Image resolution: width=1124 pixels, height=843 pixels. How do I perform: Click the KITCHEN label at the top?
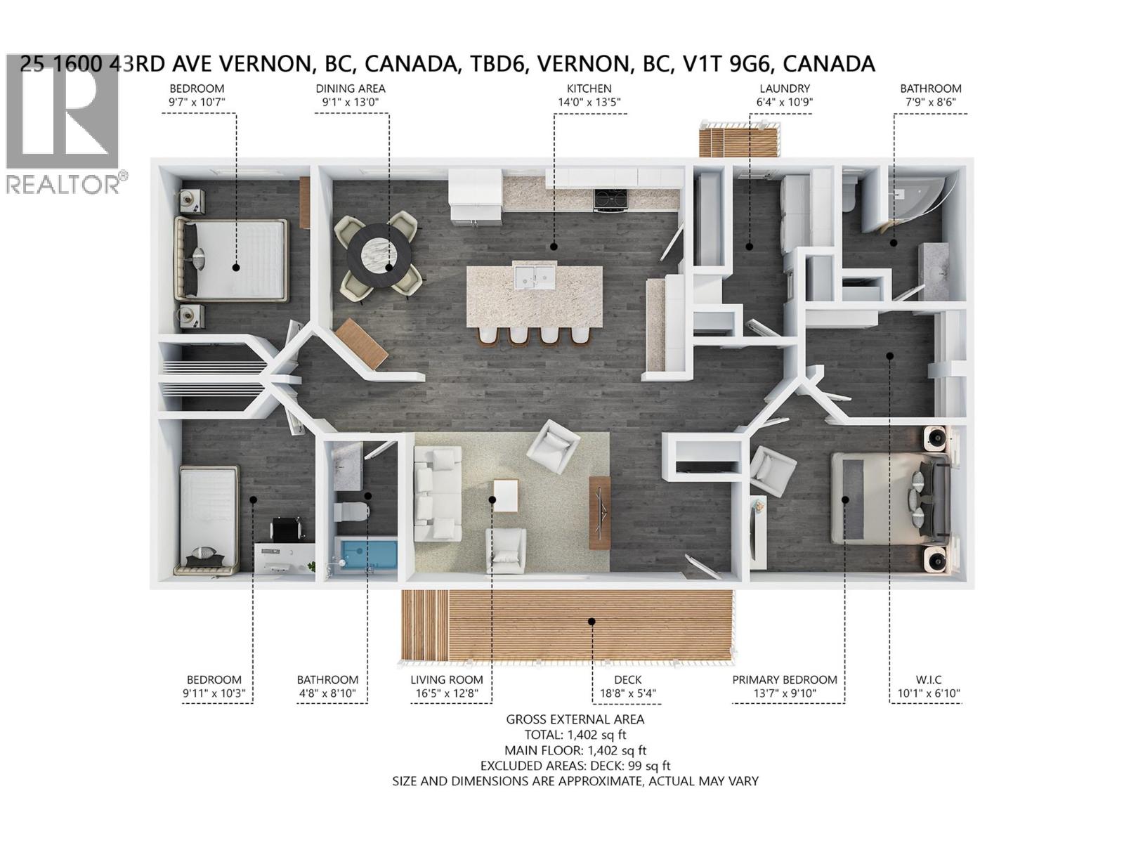pyautogui.click(x=589, y=89)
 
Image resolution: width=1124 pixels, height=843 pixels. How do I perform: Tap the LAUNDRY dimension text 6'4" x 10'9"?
pyautogui.click(x=784, y=102)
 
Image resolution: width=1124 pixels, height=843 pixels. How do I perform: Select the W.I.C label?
pyautogui.click(x=928, y=679)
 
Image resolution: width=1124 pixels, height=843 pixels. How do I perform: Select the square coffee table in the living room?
pyautogui.click(x=506, y=496)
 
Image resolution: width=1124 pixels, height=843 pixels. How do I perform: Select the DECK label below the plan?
pyautogui.click(x=627, y=679)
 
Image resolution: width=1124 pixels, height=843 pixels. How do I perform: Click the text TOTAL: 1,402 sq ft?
pyautogui.click(x=575, y=735)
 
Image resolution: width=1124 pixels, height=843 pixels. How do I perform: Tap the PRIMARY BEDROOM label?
pyautogui.click(x=784, y=679)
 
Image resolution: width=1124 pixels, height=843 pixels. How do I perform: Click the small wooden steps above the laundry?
pyautogui.click(x=738, y=139)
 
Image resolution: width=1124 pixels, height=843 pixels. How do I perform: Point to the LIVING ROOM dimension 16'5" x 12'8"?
pyautogui.click(x=447, y=694)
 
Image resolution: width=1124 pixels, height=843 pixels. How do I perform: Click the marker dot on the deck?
pyautogui.click(x=592, y=621)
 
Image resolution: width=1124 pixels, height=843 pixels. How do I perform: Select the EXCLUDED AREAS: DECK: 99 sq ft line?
pyautogui.click(x=575, y=766)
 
